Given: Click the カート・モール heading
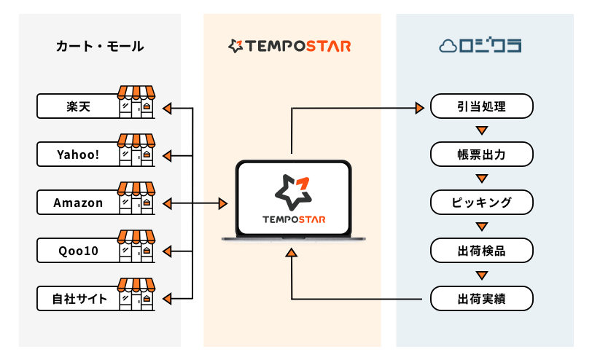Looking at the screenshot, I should coord(100,47).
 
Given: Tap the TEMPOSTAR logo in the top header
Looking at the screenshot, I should coord(290,47).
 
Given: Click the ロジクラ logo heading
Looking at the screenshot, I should coord(480,47).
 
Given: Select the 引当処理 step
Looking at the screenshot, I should coord(481,107).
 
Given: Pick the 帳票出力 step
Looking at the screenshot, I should coord(481,154).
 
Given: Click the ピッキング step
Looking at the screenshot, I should coord(481,203).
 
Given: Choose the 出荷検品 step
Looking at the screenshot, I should coord(481,251).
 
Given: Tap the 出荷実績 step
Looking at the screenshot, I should coord(481,299).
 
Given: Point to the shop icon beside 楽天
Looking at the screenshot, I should coord(136,102).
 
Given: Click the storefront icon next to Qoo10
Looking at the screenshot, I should coord(136,246).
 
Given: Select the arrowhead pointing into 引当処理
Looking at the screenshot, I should coord(420,108).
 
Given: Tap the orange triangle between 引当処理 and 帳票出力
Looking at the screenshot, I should coord(481,131).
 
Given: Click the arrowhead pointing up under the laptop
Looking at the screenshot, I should coord(292,253).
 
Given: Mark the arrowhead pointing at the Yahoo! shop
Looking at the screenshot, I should coord(167,155).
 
